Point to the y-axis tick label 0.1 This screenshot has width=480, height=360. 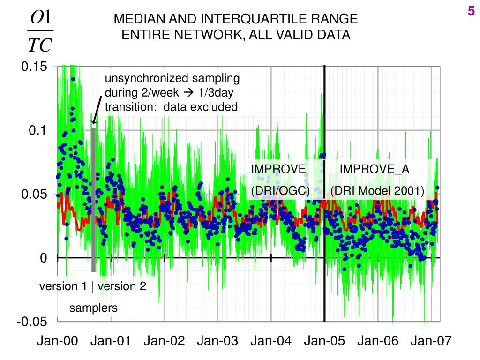tap(38, 131)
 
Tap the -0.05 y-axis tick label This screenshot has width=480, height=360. tap(32, 322)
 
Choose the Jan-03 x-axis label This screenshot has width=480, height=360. tap(217, 341)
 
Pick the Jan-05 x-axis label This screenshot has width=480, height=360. tap(324, 341)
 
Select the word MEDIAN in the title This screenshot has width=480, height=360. tap(136, 19)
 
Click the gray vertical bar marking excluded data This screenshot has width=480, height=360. tap(93, 199)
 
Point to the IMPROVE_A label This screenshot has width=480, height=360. tap(374, 169)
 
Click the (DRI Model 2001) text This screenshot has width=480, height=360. tap(377, 191)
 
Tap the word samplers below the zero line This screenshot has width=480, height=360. tap(94, 308)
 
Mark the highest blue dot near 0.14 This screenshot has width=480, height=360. tap(73, 79)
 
